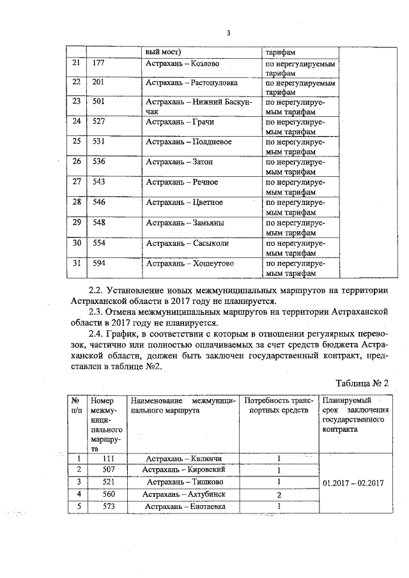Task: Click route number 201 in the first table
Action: click(x=98, y=84)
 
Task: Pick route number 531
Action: click(x=98, y=141)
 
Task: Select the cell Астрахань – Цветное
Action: click(x=184, y=202)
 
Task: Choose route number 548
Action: click(x=98, y=222)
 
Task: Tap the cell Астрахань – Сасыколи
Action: click(x=187, y=243)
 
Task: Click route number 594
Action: click(x=98, y=262)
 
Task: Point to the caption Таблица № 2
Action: click(x=362, y=383)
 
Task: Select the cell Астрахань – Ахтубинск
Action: click(x=185, y=494)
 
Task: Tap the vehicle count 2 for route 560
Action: click(x=279, y=495)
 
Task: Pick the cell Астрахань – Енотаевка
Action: click(x=184, y=506)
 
